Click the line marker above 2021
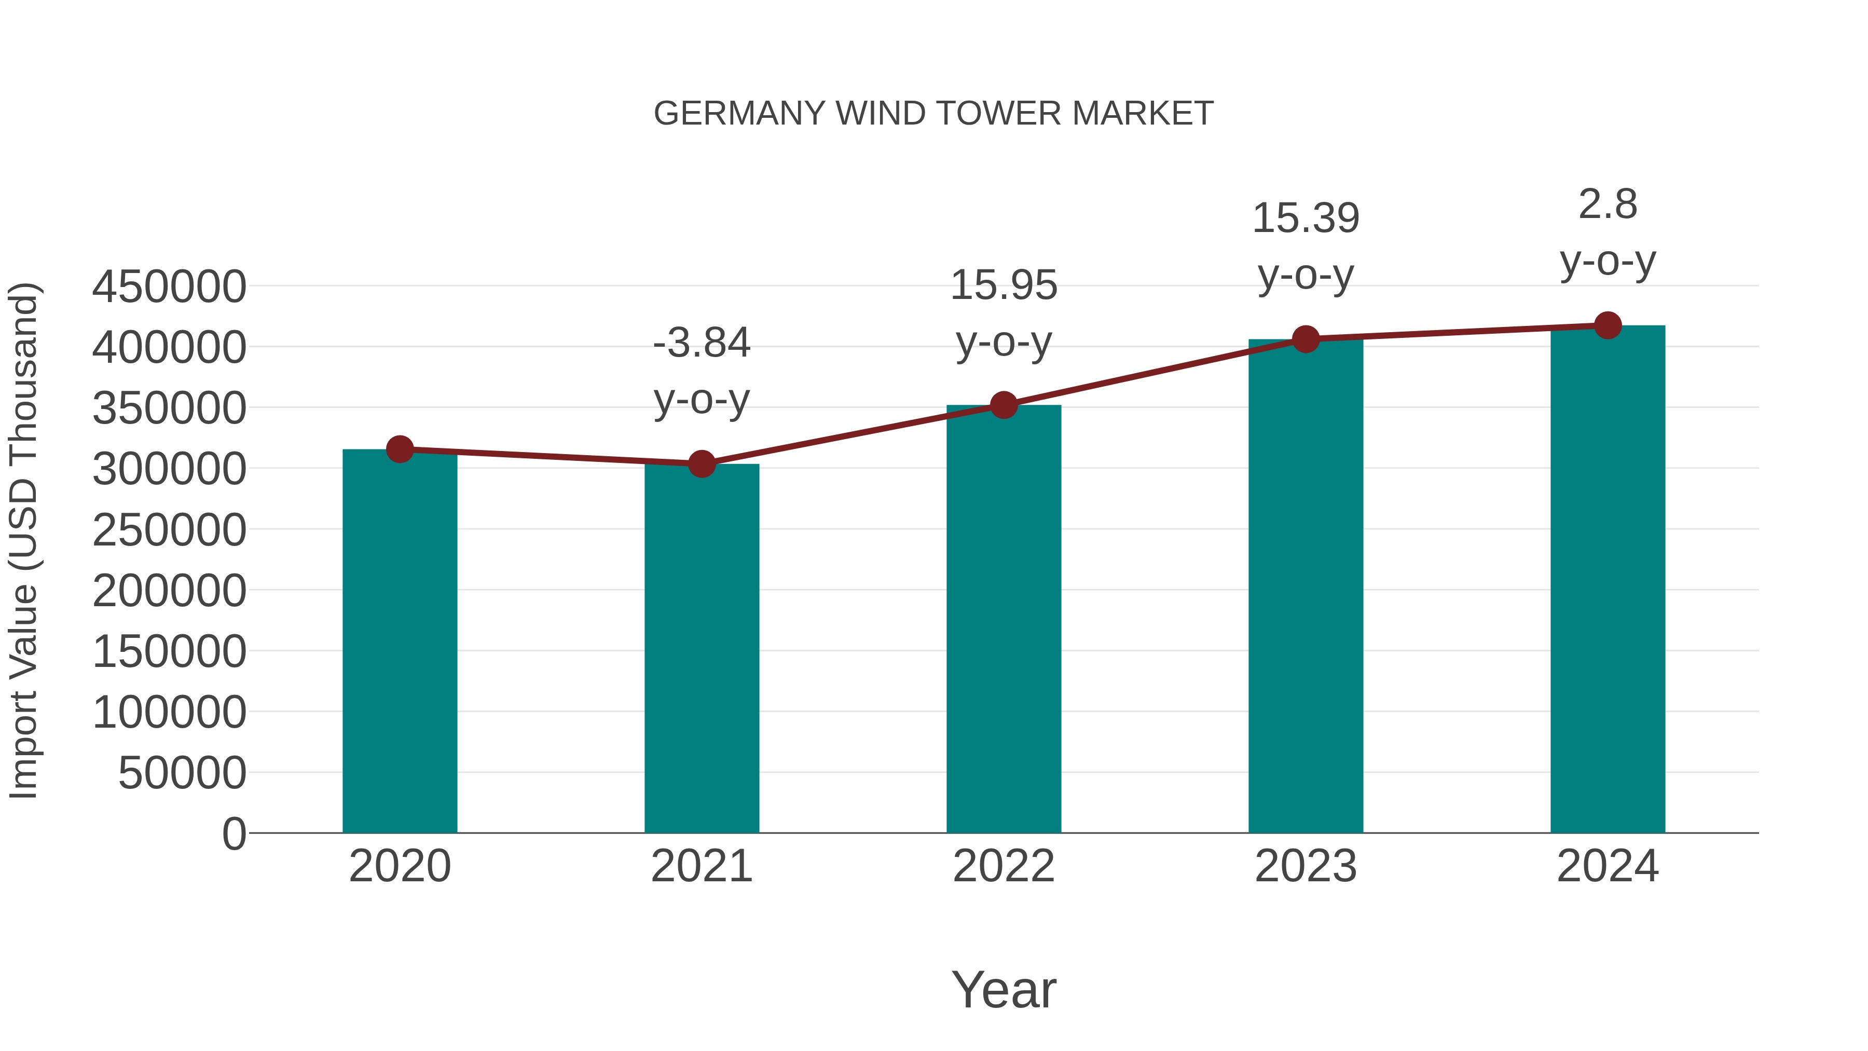click(701, 463)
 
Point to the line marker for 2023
click(1306, 339)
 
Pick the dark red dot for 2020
click(400, 449)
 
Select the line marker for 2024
click(1608, 325)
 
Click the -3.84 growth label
click(701, 343)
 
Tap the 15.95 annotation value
click(1004, 285)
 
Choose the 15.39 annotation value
click(1306, 219)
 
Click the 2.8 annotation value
click(1608, 204)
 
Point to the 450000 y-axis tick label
click(169, 286)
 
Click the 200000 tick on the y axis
click(169, 591)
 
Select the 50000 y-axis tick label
click(182, 773)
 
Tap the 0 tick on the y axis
click(234, 834)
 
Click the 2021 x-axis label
click(701, 866)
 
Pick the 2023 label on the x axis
click(1306, 866)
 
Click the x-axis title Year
click(1004, 989)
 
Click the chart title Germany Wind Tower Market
click(933, 114)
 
